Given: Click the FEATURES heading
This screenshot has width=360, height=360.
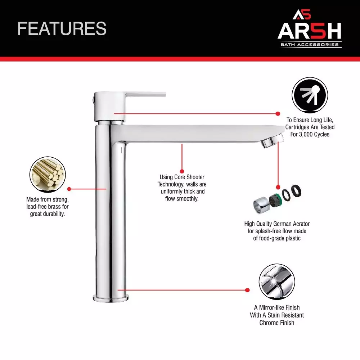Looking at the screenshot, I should tap(62, 28).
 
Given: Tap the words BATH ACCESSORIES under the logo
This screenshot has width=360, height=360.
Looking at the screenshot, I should tap(310, 45).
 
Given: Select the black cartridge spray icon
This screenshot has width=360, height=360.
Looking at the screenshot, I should tap(310, 96).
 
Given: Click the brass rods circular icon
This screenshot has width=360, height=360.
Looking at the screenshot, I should tap(47, 175).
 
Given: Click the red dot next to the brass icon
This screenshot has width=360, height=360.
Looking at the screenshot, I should tap(69, 188).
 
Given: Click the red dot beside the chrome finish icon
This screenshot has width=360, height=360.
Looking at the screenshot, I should tap(247, 290).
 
